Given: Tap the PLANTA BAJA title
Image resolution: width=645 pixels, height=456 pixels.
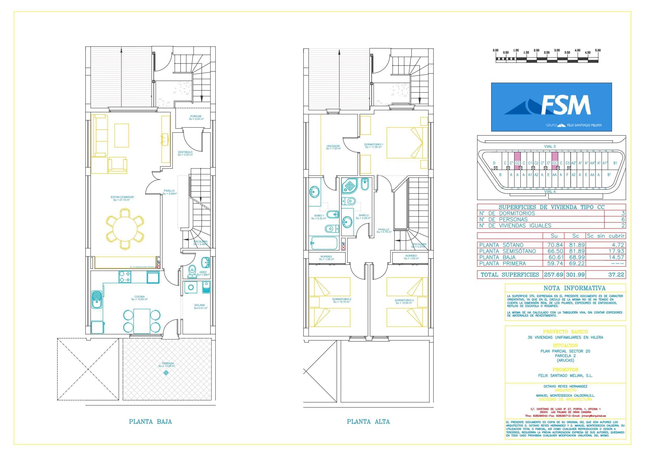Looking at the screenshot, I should click(x=150, y=421).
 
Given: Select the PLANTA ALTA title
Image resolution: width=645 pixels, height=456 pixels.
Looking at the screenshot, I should click(x=368, y=421).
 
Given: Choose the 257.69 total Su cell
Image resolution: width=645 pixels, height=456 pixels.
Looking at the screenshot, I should click(x=554, y=274).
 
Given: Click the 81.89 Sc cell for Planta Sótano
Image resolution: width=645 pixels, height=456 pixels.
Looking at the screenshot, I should click(x=575, y=245).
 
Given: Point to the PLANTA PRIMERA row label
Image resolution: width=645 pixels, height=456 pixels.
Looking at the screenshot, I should click(x=503, y=263).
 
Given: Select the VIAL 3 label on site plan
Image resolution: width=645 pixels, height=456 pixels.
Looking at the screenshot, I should click(x=550, y=146).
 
